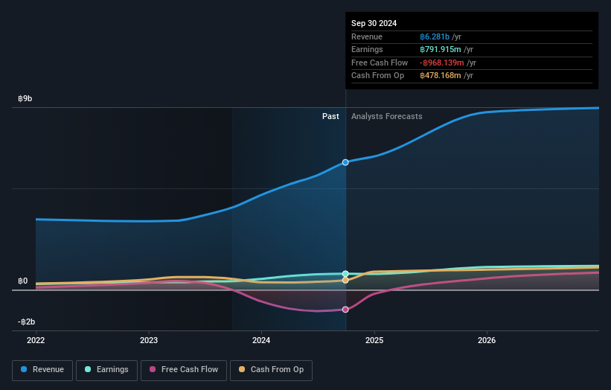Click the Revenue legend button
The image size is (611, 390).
pyautogui.click(x=42, y=370)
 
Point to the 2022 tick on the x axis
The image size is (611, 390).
pyautogui.click(x=36, y=341)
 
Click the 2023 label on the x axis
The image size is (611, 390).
pyautogui.click(x=149, y=341)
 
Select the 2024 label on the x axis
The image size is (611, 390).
pyautogui.click(x=261, y=341)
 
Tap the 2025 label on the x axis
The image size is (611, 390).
pyautogui.click(x=374, y=341)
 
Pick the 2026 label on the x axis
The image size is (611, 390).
pyautogui.click(x=487, y=341)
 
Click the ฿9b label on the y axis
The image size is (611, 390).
pyautogui.click(x=25, y=98)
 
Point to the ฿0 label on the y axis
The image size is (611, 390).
pyautogui.click(x=23, y=281)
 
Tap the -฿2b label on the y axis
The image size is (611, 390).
pyautogui.click(x=26, y=322)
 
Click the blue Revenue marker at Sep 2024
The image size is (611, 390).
pyautogui.click(x=345, y=162)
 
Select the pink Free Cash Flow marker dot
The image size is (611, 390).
pyautogui.click(x=345, y=310)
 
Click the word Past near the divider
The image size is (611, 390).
pyautogui.click(x=330, y=117)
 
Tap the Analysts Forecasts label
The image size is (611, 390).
pyautogui.click(x=386, y=117)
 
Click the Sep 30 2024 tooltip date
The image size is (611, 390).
pyautogui.click(x=374, y=23)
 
